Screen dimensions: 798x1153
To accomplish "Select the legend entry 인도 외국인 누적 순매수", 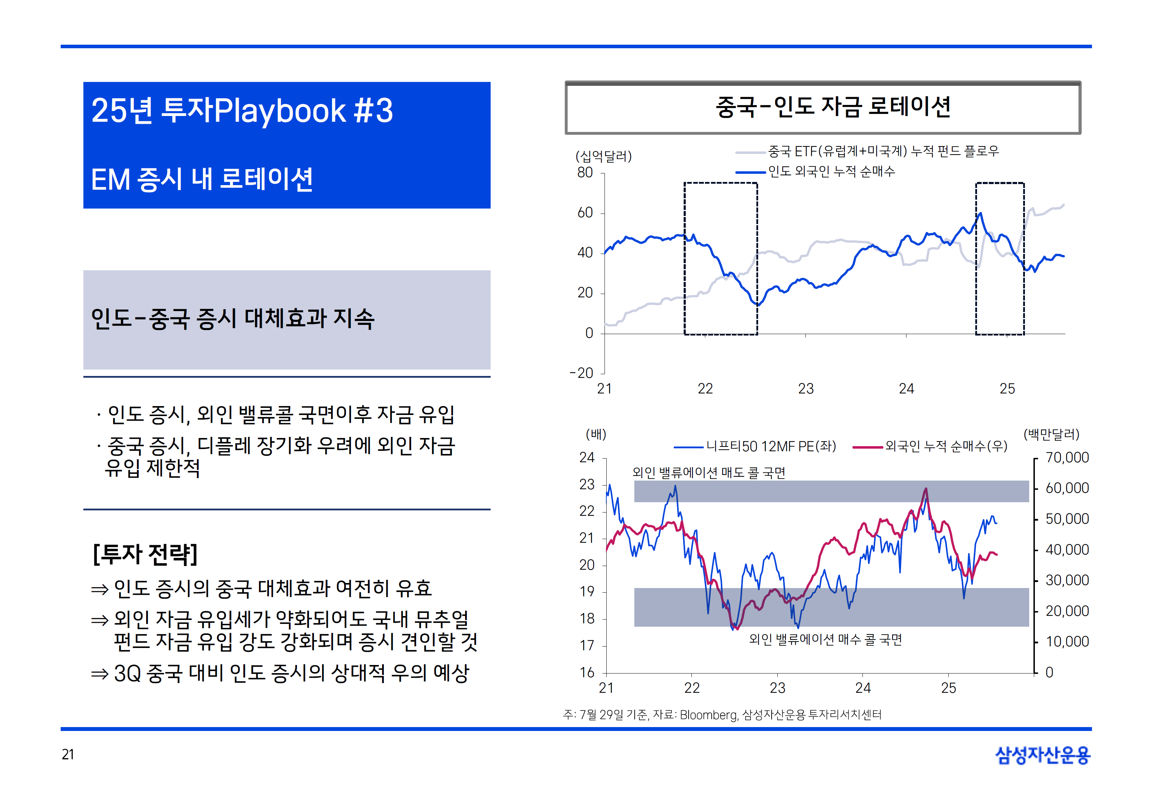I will pyautogui.click(x=831, y=172).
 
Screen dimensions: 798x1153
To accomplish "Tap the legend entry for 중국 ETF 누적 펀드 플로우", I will pyautogui.click(x=883, y=151).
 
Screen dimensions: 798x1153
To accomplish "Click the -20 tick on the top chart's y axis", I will pyautogui.click(x=581, y=373).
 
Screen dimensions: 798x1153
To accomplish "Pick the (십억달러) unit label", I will pyautogui.click(x=603, y=156).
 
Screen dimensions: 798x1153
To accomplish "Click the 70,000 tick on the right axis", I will pyautogui.click(x=1067, y=458).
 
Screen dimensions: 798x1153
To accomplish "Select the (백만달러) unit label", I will pyautogui.click(x=1051, y=434).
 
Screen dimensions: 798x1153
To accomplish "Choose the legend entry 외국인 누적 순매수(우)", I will pyautogui.click(x=945, y=446).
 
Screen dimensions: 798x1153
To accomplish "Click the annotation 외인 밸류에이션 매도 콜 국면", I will pyautogui.click(x=708, y=472).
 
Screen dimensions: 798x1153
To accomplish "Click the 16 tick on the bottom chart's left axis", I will pyautogui.click(x=587, y=672).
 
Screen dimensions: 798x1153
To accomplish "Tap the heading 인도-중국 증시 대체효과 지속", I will pyautogui.click(x=232, y=318).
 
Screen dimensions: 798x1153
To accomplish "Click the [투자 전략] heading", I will pyautogui.click(x=145, y=554).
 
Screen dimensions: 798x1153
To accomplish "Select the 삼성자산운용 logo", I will pyautogui.click(x=1043, y=755).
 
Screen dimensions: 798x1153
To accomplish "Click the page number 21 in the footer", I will pyautogui.click(x=68, y=754).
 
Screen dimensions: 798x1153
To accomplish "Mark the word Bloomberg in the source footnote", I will pyautogui.click(x=708, y=715).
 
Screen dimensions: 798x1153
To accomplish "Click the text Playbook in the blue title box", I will pyautogui.click(x=280, y=111).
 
